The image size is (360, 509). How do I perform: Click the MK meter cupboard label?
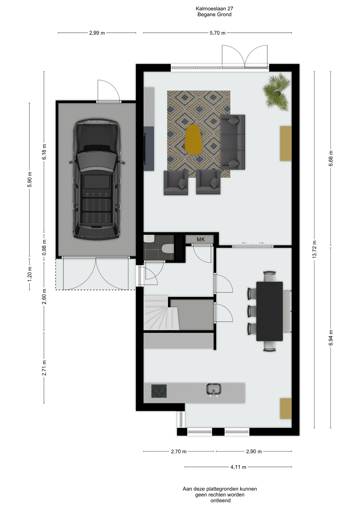pyautogui.click(x=201, y=240)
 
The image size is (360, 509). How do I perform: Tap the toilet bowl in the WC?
pyautogui.click(x=168, y=249)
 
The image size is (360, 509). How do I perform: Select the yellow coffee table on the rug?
pyautogui.click(x=193, y=139)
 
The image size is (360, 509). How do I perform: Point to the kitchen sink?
pyautogui.click(x=214, y=390)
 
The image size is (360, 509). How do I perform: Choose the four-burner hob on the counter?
pyautogui.click(x=159, y=391)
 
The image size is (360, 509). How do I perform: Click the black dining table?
pyautogui.click(x=269, y=311)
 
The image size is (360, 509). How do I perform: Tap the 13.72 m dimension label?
pyautogui.click(x=314, y=249)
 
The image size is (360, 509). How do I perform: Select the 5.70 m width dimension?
pyautogui.click(x=218, y=33)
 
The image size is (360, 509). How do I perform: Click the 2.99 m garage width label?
pyautogui.click(x=97, y=33)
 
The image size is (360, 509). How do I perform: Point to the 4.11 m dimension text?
pyautogui.click(x=238, y=467)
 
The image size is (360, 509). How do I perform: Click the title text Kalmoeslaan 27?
pyautogui.click(x=214, y=8)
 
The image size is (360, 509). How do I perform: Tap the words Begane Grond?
pyautogui.click(x=214, y=15)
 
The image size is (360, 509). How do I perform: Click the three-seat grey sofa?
pyautogui.click(x=233, y=142)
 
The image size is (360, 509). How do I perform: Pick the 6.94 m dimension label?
pyautogui.click(x=331, y=338)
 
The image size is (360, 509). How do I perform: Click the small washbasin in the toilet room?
pyautogui.click(x=149, y=239)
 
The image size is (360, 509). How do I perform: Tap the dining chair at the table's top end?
pyautogui.click(x=270, y=276)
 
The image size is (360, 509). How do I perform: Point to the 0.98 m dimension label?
pyautogui.click(x=44, y=247)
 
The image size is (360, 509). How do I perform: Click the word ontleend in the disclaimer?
pyautogui.click(x=221, y=501)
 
